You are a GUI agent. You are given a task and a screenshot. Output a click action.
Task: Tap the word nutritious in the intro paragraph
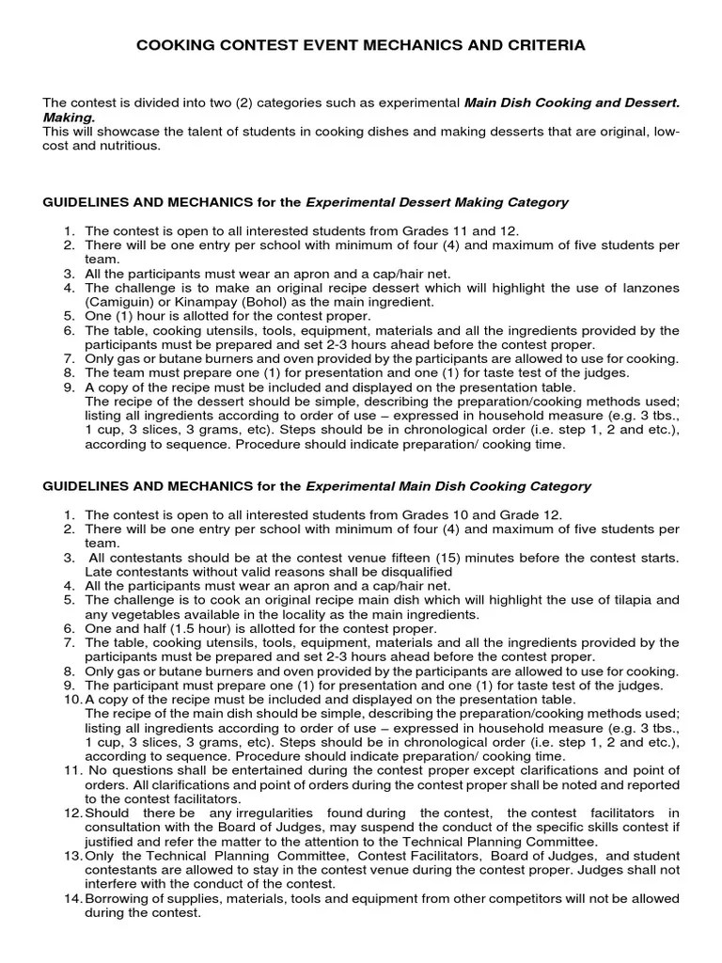point(132,146)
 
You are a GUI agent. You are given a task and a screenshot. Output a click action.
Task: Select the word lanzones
point(648,288)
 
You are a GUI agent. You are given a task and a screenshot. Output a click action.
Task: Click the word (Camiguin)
point(120,302)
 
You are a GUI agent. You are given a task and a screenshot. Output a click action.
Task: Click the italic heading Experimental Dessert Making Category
point(437,202)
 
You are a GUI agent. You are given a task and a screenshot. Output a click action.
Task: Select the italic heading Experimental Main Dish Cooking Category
point(448,486)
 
